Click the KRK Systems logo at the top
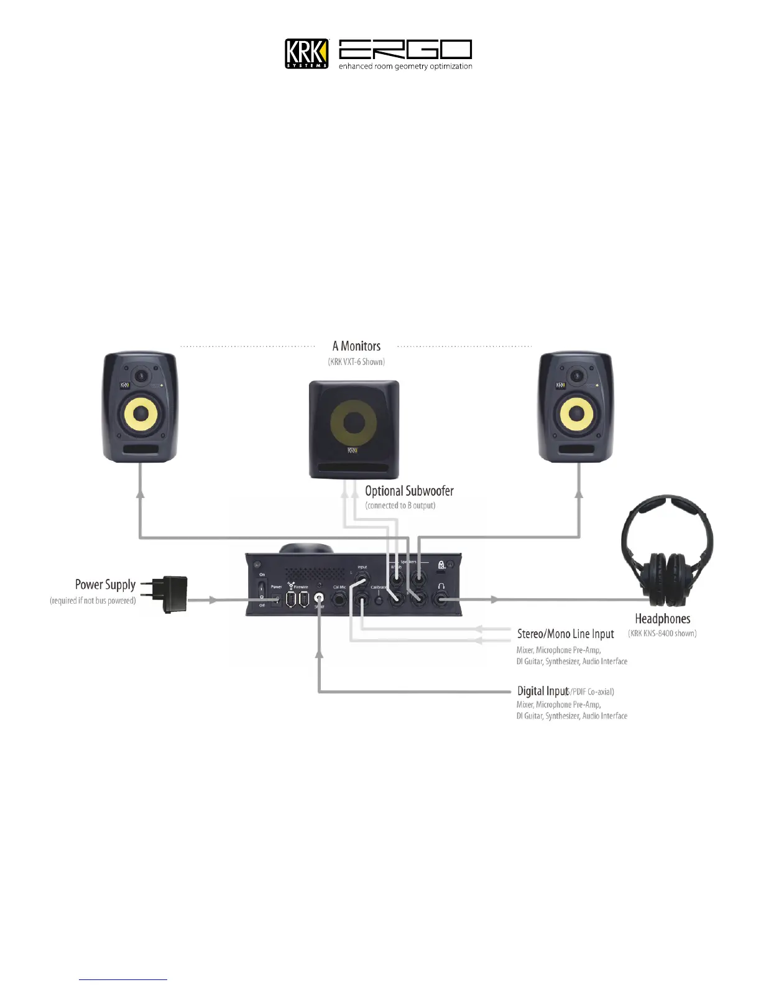(307, 53)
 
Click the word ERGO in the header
(405, 50)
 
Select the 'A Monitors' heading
(356, 346)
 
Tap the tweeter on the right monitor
(578, 376)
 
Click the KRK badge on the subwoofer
(353, 450)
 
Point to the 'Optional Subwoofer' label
(409, 491)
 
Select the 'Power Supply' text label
(105, 585)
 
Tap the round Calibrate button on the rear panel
(378, 601)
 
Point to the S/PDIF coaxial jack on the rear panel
(320, 600)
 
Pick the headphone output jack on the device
(442, 600)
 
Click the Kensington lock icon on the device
(441, 565)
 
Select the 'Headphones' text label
(662, 619)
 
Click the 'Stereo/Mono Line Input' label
(565, 634)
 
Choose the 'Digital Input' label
(542, 691)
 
